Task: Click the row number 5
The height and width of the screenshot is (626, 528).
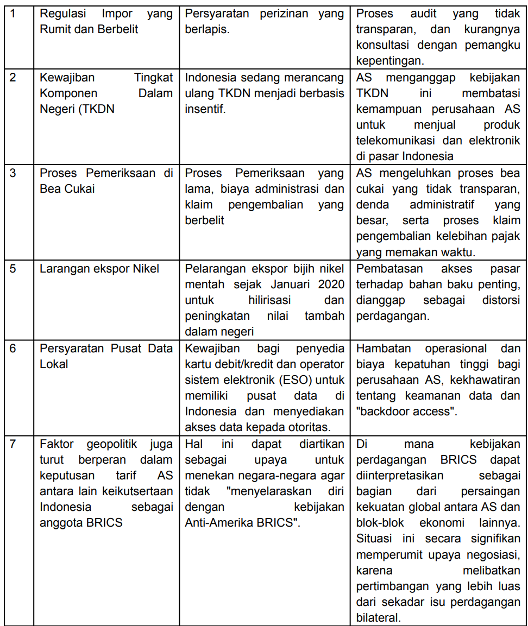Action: coord(13,269)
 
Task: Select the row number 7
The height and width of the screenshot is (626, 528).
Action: coord(13,444)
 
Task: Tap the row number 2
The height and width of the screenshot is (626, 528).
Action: coord(13,77)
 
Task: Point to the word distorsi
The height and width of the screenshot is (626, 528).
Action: coord(501,300)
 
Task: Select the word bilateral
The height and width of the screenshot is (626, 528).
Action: coord(379,617)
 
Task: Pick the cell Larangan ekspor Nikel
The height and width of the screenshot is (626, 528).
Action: coord(99,269)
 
